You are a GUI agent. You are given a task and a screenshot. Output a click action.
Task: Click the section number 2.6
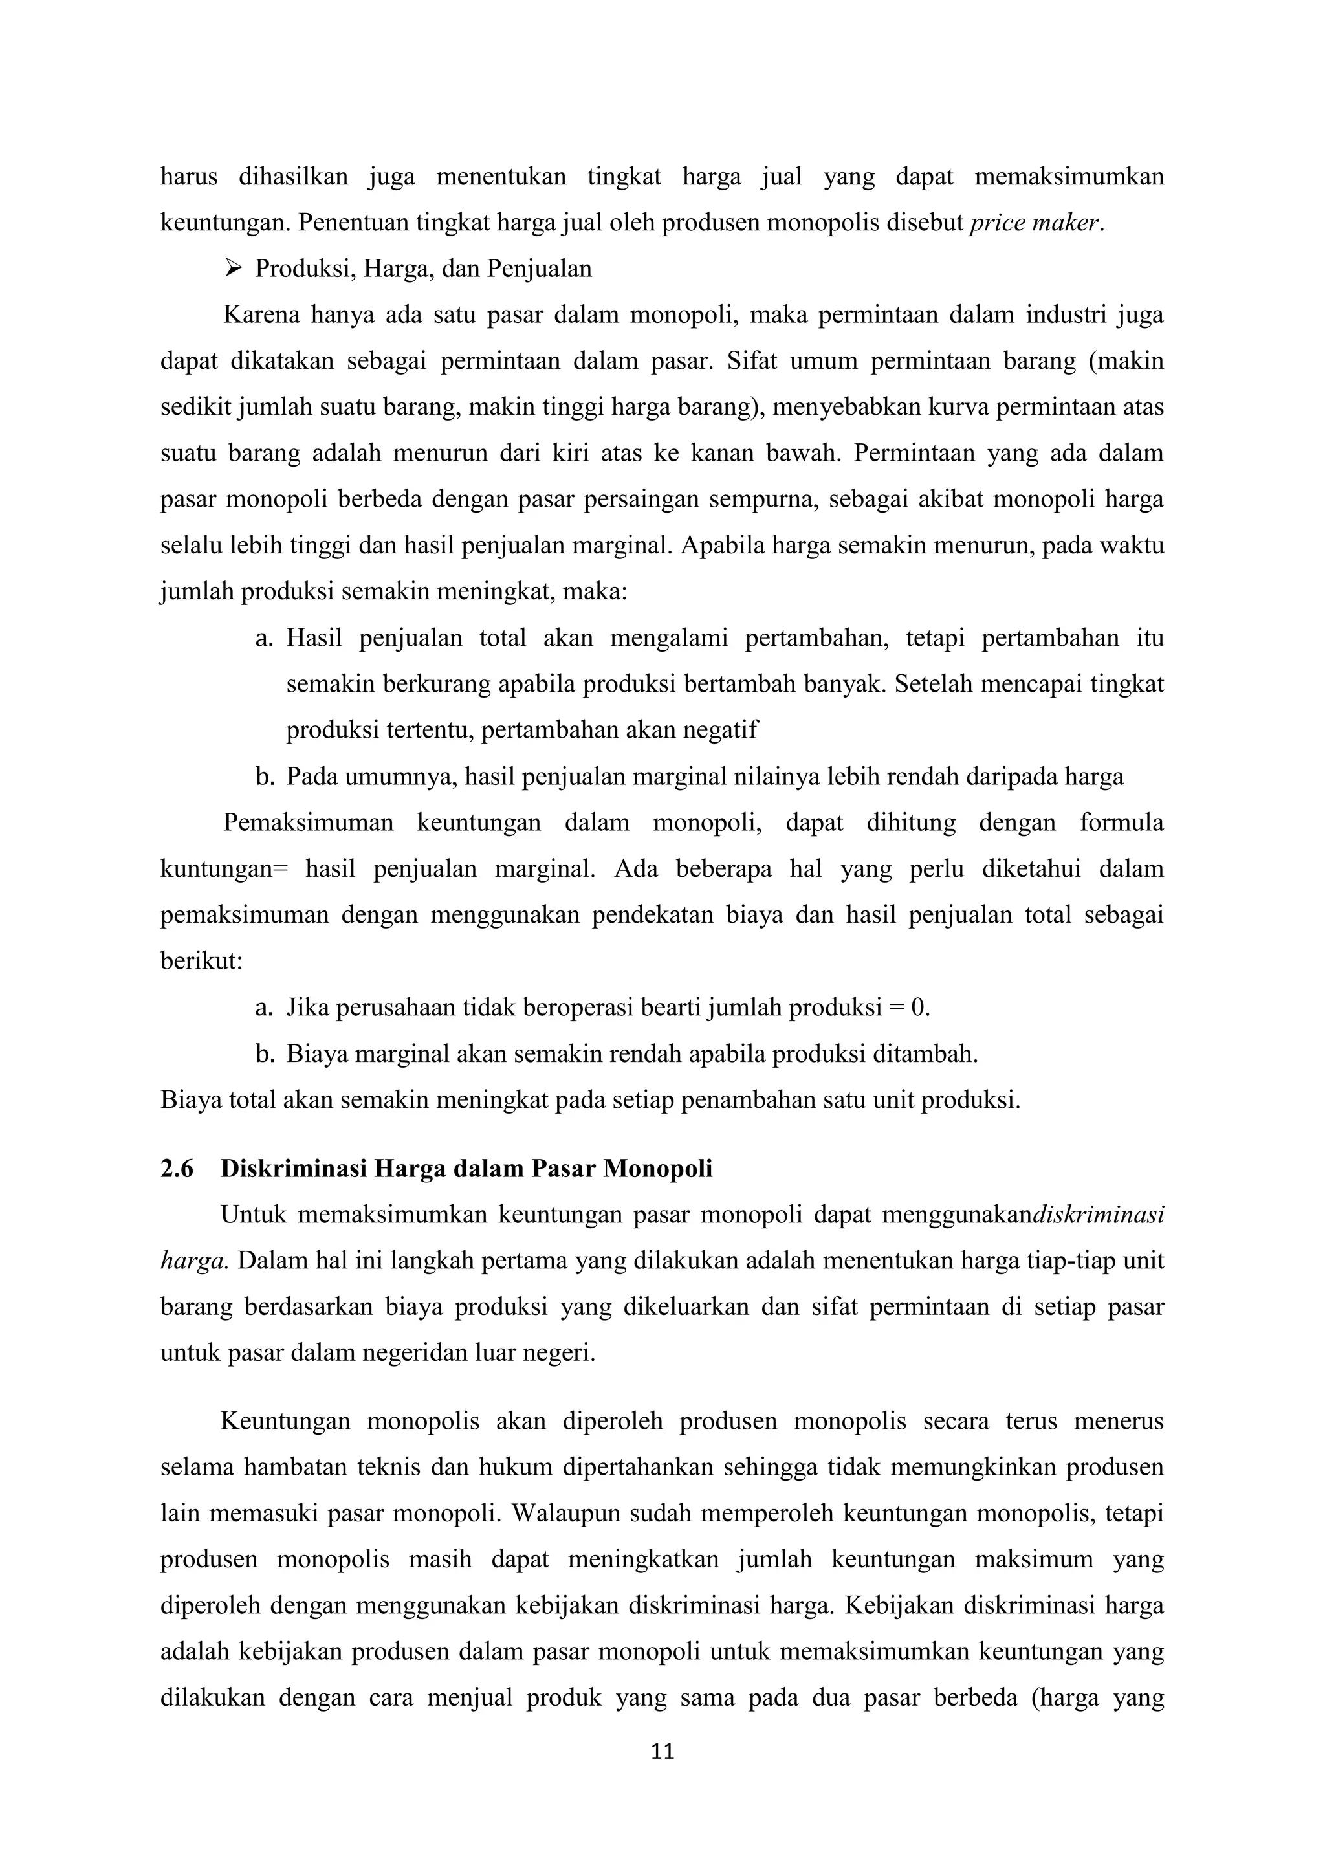coord(177,1169)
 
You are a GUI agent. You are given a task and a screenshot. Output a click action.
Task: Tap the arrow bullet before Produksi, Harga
coord(234,269)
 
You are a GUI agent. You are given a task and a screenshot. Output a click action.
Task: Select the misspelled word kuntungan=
coord(224,868)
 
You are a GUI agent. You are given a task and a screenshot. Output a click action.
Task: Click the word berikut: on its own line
coord(201,961)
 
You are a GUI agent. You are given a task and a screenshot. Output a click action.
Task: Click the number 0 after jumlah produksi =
coord(919,1008)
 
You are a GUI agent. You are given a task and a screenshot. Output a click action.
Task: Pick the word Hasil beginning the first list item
coord(314,638)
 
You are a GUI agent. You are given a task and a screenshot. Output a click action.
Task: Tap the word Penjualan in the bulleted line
coord(540,269)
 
